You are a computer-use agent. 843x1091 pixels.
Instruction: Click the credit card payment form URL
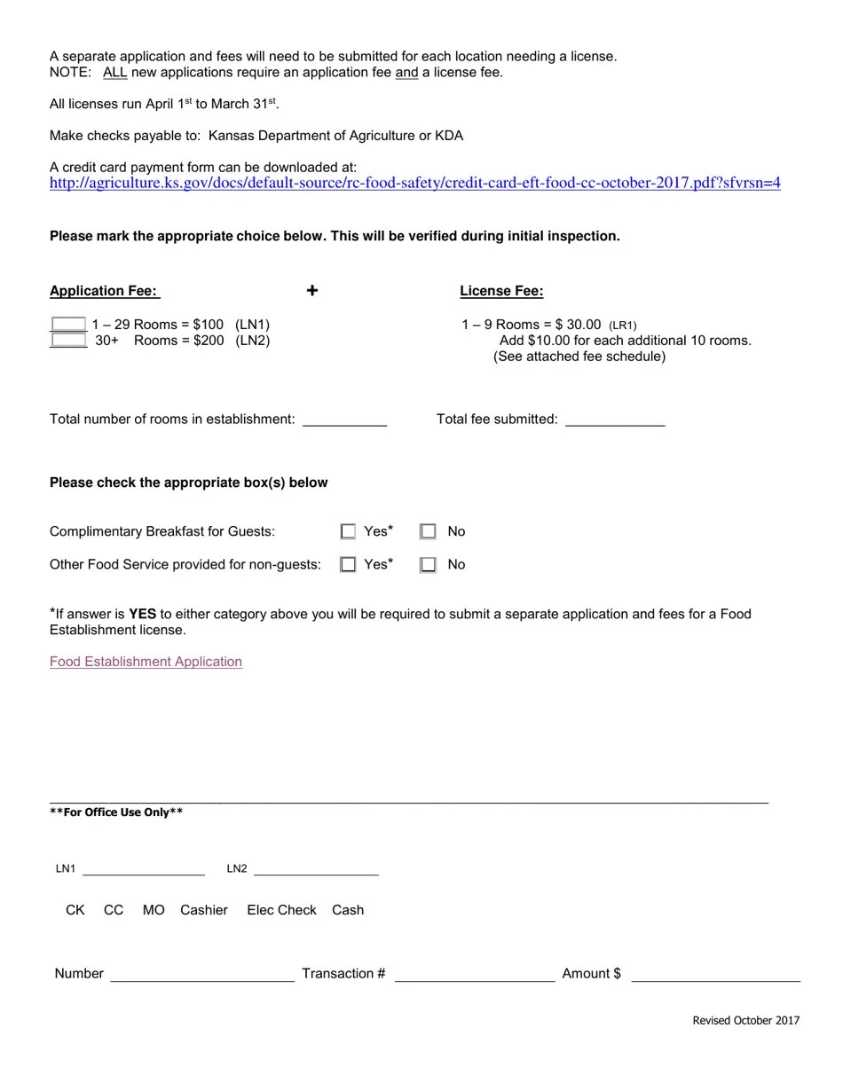pos(414,184)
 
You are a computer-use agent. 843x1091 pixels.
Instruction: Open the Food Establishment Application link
pos(146,662)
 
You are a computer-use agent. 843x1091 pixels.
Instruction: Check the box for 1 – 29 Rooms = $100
pos(68,325)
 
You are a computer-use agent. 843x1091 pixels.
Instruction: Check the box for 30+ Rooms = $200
pos(68,341)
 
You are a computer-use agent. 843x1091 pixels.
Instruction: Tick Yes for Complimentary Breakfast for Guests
pos(348,531)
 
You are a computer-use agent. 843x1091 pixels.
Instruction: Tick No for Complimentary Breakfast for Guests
pos(428,531)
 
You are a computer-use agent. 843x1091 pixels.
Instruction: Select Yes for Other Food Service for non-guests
pos(348,564)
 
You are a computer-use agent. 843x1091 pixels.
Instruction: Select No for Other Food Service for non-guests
pos(428,564)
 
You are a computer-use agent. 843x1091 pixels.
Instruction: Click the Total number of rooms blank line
pos(344,420)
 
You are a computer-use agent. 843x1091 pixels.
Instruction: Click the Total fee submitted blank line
pos(614,420)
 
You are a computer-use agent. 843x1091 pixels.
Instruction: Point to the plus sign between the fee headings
pos(312,290)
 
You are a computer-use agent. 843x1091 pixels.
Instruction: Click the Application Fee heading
pos(104,291)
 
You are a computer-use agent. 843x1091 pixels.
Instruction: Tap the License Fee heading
pos(501,291)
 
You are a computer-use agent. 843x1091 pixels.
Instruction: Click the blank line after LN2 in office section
pos(316,869)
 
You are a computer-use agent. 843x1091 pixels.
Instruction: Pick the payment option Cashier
pos(204,910)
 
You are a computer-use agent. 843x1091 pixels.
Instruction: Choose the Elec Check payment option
pos(281,910)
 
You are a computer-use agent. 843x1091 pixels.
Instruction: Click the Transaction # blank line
pos(475,974)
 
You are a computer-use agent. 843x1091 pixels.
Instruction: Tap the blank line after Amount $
pos(715,974)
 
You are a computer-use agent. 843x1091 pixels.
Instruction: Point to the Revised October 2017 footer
pos(745,1020)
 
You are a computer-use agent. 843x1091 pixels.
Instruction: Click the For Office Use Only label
pos(116,812)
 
